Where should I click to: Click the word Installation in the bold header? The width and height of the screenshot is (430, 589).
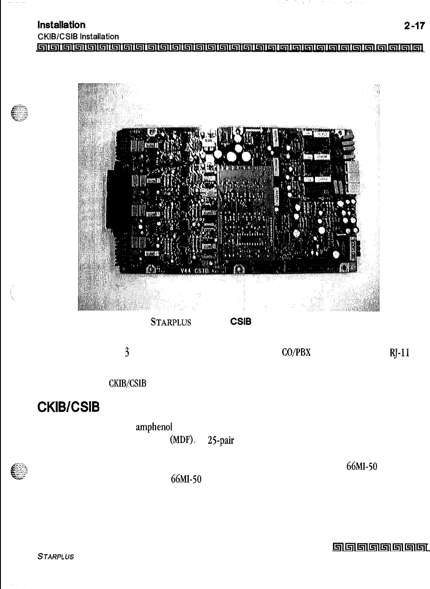click(62, 25)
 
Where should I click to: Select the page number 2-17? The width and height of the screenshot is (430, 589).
click(414, 26)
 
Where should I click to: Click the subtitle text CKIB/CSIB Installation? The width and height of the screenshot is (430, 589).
click(78, 37)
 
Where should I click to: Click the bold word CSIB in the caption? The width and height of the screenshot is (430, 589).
click(241, 322)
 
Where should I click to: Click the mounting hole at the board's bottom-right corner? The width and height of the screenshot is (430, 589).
click(347, 269)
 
